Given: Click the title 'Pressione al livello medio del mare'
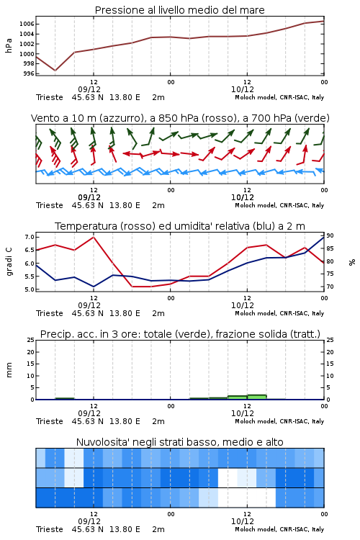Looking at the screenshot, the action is (179, 10).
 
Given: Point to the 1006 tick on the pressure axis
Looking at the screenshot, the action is (27, 24).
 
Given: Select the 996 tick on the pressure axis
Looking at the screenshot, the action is (29, 73).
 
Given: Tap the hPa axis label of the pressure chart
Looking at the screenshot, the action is (9, 46).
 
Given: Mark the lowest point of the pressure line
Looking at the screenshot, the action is (55, 71).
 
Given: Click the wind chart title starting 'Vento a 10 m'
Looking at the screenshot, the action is (180, 118).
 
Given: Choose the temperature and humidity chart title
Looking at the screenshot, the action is (180, 226).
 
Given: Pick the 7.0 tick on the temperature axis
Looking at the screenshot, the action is (30, 237).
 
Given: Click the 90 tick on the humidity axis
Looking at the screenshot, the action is (330, 235).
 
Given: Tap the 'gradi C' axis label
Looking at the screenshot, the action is (9, 262).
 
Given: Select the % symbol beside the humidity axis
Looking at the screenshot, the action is (352, 262).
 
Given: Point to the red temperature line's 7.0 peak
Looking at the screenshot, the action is (94, 237).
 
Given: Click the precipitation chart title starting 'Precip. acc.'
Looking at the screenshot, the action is (180, 334).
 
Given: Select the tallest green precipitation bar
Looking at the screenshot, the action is (256, 397).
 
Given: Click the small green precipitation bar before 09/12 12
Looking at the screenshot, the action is (65, 398).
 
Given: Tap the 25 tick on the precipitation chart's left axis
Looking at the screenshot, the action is (31, 340).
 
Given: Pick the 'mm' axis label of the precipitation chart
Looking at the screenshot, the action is (9, 370).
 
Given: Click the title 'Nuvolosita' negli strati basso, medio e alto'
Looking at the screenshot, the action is (179, 442).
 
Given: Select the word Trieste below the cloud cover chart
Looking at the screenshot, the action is (50, 529).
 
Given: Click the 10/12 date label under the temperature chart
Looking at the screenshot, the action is (243, 305).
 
